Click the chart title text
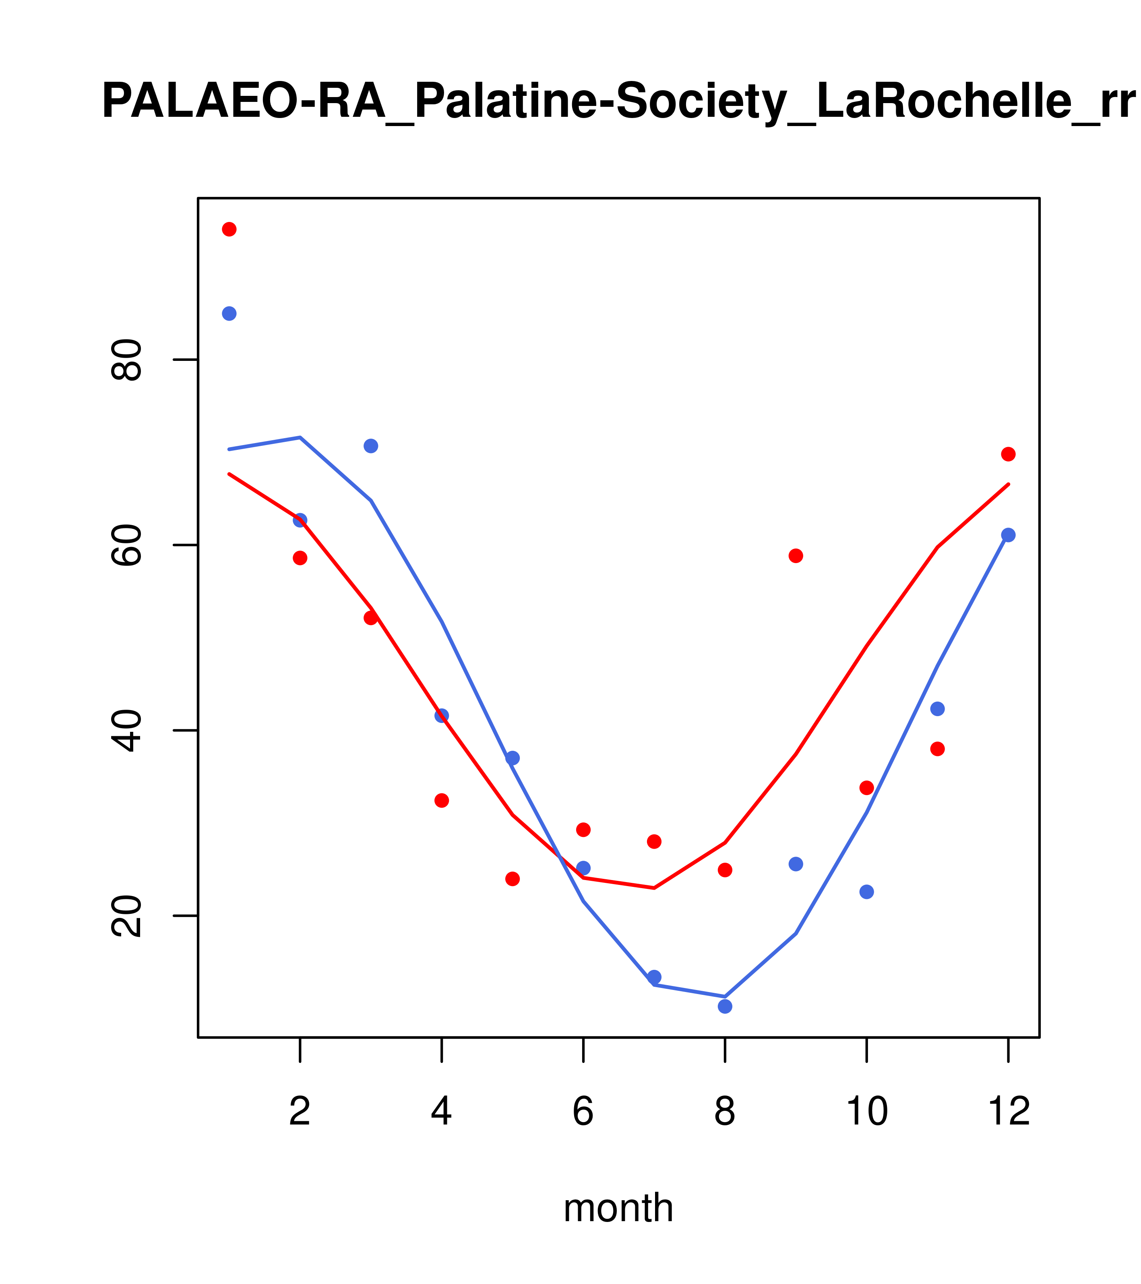click(618, 102)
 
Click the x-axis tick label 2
click(300, 1111)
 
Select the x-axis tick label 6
click(583, 1111)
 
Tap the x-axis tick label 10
click(866, 1111)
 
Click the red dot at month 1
click(229, 229)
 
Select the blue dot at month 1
click(229, 313)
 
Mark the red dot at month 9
click(796, 556)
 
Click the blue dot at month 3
click(371, 446)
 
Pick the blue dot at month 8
click(725, 1006)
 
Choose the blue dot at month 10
click(866, 892)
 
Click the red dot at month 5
click(513, 879)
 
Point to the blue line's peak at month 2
click(300, 437)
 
